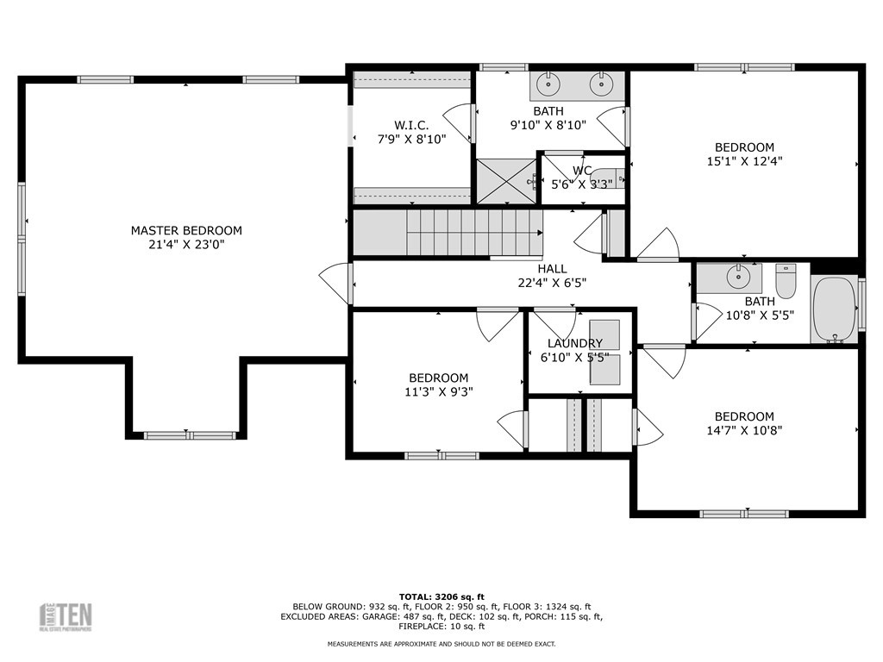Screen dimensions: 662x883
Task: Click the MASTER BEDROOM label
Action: point(186,230)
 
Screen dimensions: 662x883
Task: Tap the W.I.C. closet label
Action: point(411,124)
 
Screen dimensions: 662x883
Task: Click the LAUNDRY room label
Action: point(574,343)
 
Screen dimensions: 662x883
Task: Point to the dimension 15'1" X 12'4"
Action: point(744,160)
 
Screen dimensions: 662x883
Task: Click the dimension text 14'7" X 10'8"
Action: point(744,429)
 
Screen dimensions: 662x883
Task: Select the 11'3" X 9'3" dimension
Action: point(438,391)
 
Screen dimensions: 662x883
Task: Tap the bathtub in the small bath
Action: point(834,309)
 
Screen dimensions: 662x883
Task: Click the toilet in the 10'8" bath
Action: point(786,279)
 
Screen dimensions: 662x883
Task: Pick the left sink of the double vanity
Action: point(547,84)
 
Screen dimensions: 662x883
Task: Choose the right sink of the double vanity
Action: point(601,84)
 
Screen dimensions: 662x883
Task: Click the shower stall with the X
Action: point(505,181)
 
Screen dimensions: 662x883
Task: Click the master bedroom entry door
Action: point(336,283)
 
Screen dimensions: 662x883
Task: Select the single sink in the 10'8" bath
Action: point(738,277)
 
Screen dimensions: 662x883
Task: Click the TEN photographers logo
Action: point(66,616)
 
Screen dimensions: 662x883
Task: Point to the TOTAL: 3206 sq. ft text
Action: point(441,596)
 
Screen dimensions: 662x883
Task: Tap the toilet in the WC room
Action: point(608,179)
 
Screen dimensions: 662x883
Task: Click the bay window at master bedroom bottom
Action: point(189,435)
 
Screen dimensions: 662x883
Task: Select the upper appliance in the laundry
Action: point(604,332)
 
